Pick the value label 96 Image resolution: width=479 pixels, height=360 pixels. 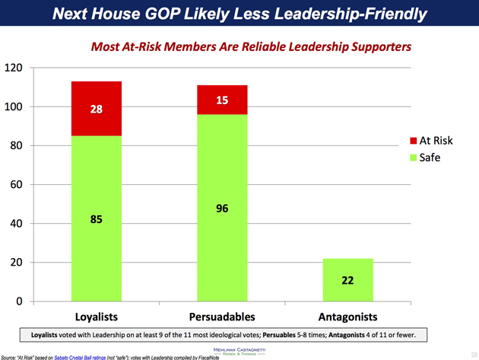[x=223, y=209]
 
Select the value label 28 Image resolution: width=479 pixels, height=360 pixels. [x=97, y=110]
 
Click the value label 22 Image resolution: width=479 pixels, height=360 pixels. [x=347, y=280]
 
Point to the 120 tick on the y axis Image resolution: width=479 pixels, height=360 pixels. [x=13, y=68]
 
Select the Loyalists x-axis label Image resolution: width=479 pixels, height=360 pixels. [x=97, y=316]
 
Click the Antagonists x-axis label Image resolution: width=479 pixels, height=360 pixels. [x=347, y=316]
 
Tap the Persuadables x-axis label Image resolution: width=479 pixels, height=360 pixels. [x=222, y=316]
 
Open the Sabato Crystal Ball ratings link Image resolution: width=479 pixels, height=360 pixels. [x=94, y=355]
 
